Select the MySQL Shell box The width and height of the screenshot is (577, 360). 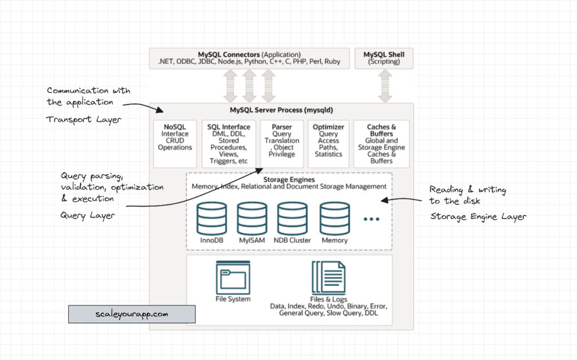[384, 58]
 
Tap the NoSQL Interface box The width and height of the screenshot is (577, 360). [175, 143]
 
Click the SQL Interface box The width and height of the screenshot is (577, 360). [229, 143]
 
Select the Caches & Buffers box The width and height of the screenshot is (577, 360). [381, 143]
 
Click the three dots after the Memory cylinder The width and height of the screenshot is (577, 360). [372, 219]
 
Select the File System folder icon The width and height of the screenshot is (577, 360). [233, 277]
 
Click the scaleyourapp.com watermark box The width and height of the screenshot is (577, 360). [132, 314]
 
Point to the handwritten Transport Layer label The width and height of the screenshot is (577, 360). [83, 119]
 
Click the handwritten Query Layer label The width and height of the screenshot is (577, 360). [87, 215]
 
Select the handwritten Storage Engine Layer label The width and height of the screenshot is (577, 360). [478, 216]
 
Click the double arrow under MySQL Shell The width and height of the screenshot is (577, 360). [385, 86]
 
